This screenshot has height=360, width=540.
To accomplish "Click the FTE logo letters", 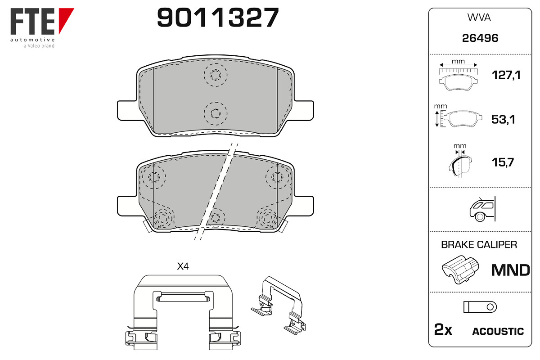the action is pyautogui.click(x=32, y=21).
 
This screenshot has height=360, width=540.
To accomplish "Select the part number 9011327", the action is pyautogui.click(x=218, y=17).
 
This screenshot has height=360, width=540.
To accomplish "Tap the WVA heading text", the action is pyautogui.click(x=479, y=18).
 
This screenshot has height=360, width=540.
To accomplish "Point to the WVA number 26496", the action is pyautogui.click(x=480, y=38).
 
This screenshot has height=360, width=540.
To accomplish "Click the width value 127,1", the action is pyautogui.click(x=506, y=75).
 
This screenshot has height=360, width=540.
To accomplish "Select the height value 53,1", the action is pyautogui.click(x=503, y=119).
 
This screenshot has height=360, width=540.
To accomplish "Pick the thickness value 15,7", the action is pyautogui.click(x=503, y=162).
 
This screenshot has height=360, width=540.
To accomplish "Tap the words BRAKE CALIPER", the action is pyautogui.click(x=479, y=244).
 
